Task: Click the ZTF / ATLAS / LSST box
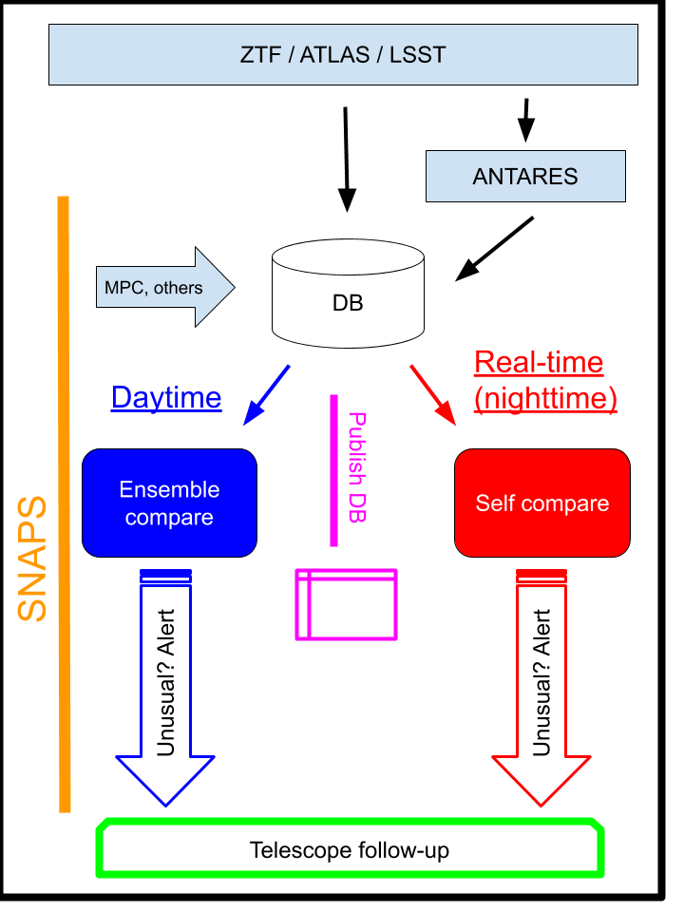343,54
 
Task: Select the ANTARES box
525,177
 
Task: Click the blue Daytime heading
166,397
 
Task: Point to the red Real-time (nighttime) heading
544,380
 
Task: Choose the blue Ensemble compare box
169,503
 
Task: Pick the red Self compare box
541,503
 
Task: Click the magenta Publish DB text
357,466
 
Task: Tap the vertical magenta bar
333,470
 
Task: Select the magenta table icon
346,604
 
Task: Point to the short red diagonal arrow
433,394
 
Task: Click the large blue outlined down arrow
165,693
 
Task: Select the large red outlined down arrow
541,693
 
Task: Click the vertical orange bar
64,503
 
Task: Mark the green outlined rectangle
351,847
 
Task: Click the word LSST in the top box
417,54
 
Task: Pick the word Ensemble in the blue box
169,489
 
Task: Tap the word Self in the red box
494,503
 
